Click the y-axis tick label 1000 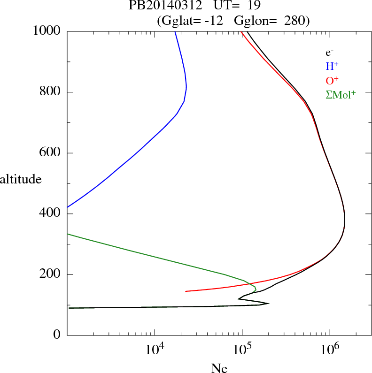(x=47, y=31)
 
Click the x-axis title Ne (x=219, y=368)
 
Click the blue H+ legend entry (x=332, y=67)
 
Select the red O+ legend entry (x=332, y=80)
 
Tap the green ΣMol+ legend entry (x=341, y=94)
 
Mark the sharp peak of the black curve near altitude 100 (x=268, y=303)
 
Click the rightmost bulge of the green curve (x=256, y=287)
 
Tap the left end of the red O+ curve (x=186, y=291)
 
